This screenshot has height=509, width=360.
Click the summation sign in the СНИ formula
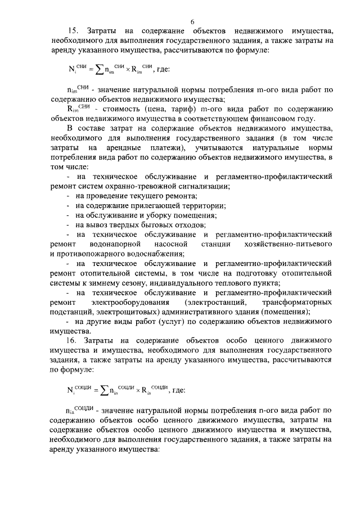point(98,70)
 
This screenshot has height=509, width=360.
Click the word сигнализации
point(202,186)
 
